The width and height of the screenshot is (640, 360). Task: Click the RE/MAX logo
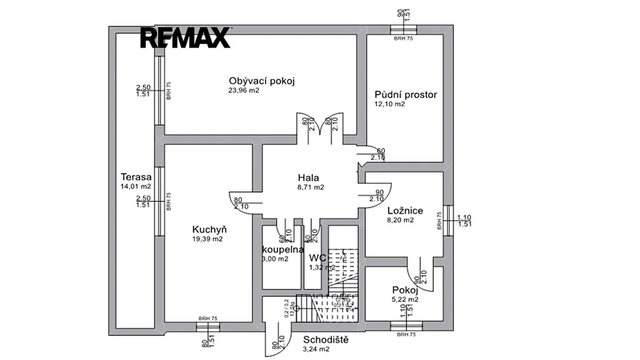point(184,38)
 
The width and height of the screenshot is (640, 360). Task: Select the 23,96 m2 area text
point(244,91)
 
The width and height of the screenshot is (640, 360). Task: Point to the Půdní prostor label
point(406,95)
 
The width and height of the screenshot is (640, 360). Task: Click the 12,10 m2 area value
point(390,104)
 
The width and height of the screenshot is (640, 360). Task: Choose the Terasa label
point(136,177)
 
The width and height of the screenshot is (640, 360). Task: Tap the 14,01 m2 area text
point(136,186)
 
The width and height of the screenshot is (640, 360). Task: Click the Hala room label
point(308,177)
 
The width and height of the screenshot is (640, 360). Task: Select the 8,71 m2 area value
point(311,187)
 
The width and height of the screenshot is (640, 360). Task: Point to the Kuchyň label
point(209,229)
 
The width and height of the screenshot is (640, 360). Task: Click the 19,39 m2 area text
point(207,239)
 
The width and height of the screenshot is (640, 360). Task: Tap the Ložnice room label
point(405,211)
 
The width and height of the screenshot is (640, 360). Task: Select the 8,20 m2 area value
point(400,220)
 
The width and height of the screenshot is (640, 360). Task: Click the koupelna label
point(283,249)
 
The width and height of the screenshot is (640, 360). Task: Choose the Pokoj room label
point(404,290)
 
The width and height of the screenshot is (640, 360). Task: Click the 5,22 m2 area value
point(404,299)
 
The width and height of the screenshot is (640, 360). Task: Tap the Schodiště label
point(326,340)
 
